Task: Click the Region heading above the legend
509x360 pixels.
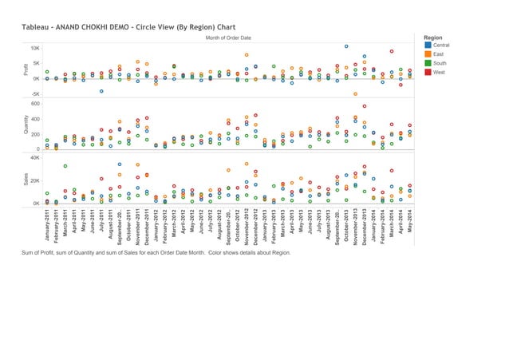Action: coord(434,38)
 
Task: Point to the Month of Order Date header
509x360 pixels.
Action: coord(228,38)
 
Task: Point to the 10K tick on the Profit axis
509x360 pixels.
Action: coord(34,48)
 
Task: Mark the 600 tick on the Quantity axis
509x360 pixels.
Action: coord(34,103)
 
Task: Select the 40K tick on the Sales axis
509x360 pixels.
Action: coord(34,158)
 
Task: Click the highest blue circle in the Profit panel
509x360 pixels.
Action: coord(346,46)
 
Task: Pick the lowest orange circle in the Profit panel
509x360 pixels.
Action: coord(355,94)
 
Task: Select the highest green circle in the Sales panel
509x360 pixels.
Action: coord(65,166)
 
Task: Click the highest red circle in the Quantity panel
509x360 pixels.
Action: coord(365,106)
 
